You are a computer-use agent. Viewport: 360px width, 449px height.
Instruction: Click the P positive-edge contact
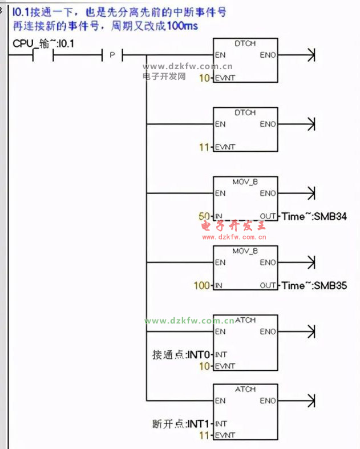112,55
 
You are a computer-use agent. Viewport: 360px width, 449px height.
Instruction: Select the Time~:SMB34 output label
314,216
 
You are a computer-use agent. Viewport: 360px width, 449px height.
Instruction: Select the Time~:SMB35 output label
314,285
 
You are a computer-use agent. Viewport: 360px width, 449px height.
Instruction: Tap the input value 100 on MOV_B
202,285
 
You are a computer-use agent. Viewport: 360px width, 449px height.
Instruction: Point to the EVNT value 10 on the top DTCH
204,78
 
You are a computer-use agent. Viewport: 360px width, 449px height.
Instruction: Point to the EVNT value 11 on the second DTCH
204,147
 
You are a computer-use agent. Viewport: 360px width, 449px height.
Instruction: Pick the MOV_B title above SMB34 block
245,181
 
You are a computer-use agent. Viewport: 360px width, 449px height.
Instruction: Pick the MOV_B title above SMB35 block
245,251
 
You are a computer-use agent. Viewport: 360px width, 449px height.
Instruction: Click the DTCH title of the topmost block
245,43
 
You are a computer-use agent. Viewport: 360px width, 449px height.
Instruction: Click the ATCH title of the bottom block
245,390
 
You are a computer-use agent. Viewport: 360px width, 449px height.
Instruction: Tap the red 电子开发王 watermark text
234,226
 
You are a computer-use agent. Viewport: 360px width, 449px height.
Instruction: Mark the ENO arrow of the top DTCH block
310,55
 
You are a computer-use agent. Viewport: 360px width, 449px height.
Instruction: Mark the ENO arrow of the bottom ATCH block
310,401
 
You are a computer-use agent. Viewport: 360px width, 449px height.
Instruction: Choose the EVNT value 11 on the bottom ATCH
204,435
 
